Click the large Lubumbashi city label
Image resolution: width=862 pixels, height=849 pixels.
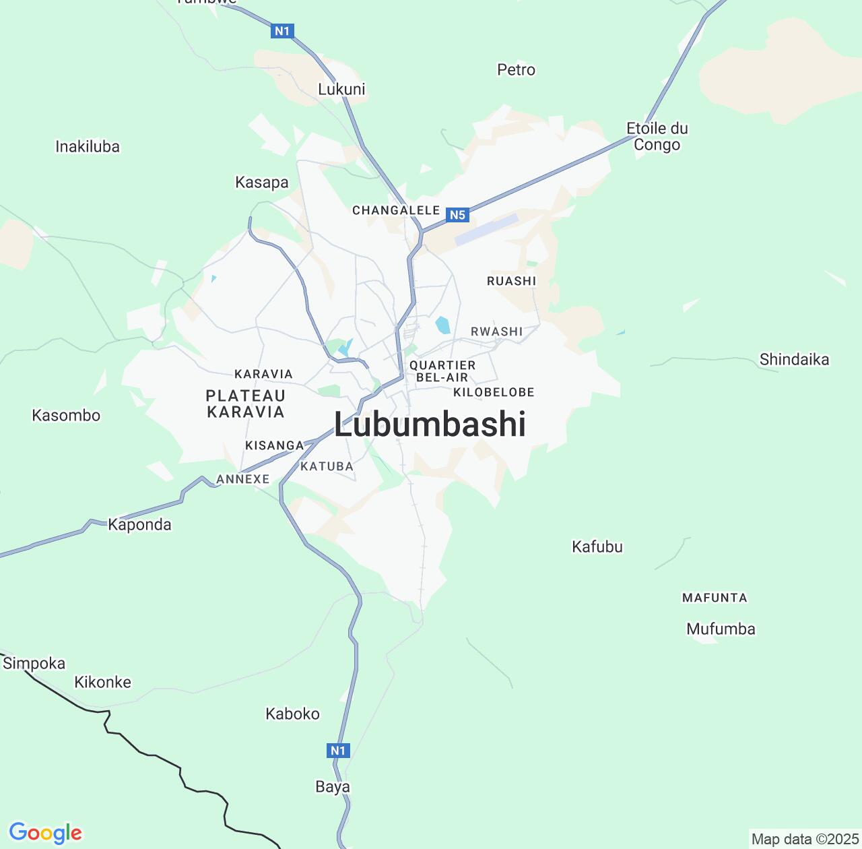430,425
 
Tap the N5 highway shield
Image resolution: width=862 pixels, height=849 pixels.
457,215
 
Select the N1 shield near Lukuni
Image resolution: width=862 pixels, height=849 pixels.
282,30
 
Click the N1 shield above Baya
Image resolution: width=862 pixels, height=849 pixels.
338,750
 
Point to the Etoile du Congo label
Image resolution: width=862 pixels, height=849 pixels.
657,136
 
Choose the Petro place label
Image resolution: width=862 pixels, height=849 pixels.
516,69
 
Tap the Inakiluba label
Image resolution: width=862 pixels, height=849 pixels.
88,146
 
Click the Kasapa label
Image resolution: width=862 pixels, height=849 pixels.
261,182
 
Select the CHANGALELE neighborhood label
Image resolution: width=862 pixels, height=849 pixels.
396,210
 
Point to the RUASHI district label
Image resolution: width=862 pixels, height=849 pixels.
511,281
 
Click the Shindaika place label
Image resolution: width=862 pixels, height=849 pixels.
794,359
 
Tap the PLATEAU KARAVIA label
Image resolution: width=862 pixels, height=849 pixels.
245,404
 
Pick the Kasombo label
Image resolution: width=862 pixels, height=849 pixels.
66,415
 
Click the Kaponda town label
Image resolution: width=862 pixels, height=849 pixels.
139,524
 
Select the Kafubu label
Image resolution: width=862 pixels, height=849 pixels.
597,546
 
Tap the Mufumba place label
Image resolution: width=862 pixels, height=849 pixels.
721,629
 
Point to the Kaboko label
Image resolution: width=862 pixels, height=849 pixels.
292,714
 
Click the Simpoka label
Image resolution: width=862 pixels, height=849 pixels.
34,663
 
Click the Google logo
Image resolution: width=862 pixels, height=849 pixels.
45,834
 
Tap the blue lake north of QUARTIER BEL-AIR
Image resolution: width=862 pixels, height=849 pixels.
442,325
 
